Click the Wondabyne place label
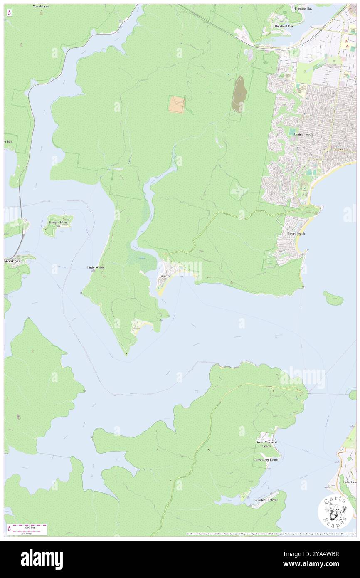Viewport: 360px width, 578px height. click(41, 7)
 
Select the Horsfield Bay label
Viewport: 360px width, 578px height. click(284, 26)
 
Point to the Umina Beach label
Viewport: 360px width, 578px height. click(303, 135)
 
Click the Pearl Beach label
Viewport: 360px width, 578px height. click(296, 234)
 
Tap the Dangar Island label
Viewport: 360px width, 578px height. click(58, 222)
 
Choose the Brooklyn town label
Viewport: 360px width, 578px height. click(12, 261)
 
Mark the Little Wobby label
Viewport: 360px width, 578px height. click(96, 267)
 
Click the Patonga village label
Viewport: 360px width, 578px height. click(165, 276)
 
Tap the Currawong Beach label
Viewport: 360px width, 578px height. click(266, 459)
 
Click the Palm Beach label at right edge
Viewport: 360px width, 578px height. click(349, 482)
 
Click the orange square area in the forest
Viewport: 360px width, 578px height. click(177, 104)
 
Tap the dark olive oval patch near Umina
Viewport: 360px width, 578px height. click(238, 94)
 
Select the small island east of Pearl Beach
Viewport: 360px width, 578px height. click(333, 298)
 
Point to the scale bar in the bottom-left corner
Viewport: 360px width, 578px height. click(27, 529)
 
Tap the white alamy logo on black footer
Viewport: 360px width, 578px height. click(42, 559)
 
